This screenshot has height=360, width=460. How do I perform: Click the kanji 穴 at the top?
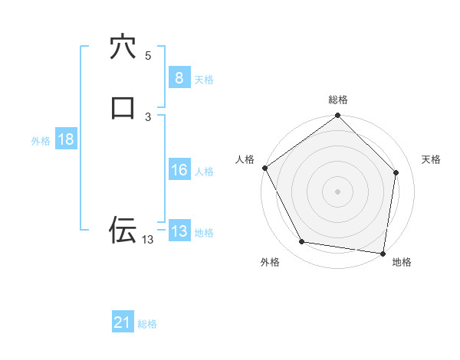[123, 47]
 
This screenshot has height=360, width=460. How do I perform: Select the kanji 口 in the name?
[123, 107]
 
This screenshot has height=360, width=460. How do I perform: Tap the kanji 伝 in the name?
[123, 229]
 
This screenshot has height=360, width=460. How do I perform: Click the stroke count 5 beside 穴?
[148, 56]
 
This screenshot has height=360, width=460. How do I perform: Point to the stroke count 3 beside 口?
[148, 116]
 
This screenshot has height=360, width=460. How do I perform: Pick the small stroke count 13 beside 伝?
[147, 240]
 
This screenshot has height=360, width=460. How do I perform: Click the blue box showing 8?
[179, 78]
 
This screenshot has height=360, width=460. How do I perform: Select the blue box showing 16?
[179, 171]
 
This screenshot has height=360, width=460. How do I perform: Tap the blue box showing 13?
[179, 231]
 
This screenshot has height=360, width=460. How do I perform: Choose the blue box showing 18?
[65, 139]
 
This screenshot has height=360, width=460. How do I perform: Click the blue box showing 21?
[123, 323]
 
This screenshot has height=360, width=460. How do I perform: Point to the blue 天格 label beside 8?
[204, 80]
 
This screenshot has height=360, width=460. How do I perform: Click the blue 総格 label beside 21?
[147, 325]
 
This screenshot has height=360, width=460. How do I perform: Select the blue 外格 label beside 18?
[41, 141]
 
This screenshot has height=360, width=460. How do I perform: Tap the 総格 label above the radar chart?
[337, 100]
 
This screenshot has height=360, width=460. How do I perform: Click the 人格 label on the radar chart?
[245, 159]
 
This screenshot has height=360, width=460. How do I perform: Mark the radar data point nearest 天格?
[396, 172]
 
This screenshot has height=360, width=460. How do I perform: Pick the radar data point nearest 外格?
[302, 242]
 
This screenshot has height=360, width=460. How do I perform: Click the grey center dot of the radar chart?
[337, 191]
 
